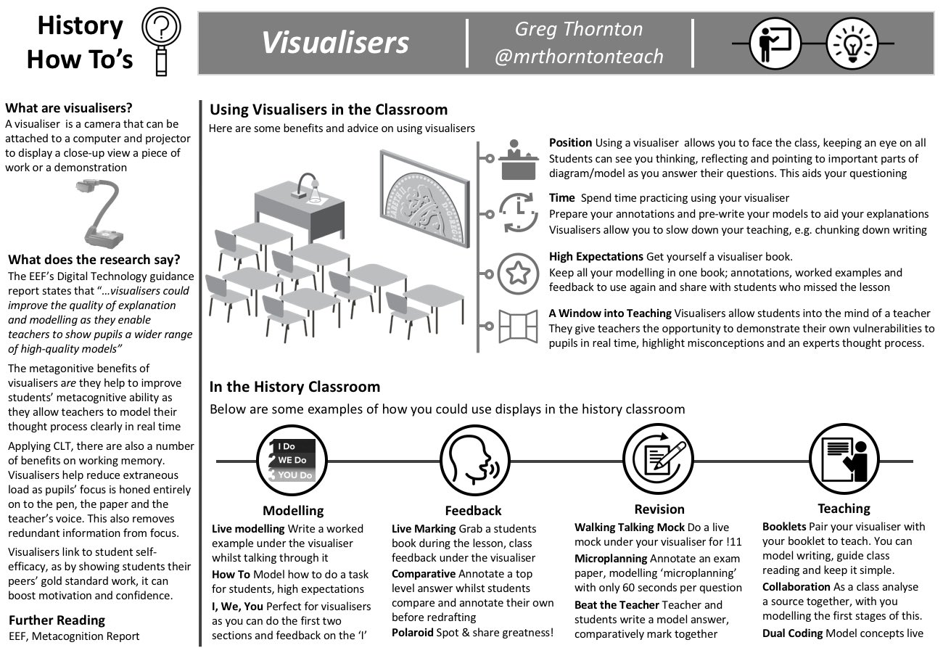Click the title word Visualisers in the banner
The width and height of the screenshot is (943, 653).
[335, 43]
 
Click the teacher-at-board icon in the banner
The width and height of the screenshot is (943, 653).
[774, 44]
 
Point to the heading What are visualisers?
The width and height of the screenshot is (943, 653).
[69, 109]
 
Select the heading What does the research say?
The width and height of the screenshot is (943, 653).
[94, 260]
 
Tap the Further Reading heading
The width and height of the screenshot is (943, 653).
[57, 620]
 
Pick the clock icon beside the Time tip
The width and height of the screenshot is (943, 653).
[519, 212]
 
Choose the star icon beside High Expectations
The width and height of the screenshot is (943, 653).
[519, 272]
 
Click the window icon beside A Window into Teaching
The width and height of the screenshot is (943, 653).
[519, 326]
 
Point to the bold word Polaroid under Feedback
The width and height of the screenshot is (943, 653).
[414, 633]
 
